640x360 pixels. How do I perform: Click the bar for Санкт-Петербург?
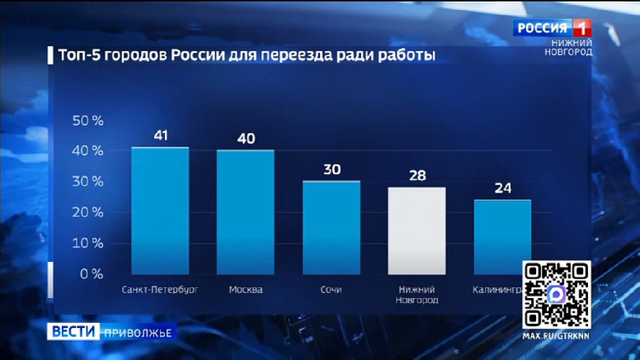(160, 211)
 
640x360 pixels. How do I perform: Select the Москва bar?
(245, 212)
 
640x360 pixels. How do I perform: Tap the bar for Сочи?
(331, 228)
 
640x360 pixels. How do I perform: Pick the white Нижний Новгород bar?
(417, 231)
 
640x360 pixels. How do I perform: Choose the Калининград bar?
(502, 236)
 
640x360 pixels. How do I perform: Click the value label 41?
(161, 135)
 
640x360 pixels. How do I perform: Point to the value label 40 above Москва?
(246, 138)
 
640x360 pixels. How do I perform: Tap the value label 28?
(417, 175)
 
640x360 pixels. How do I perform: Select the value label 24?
(503, 188)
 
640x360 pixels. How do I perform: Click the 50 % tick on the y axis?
(88, 121)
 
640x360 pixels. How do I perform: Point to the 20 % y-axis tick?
(88, 213)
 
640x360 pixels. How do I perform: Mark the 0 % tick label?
(91, 274)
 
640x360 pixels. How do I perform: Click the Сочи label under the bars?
(331, 290)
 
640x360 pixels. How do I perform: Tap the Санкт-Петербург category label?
(159, 290)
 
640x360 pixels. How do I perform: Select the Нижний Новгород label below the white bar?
(417, 295)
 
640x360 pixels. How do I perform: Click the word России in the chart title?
(199, 55)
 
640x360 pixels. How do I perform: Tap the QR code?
(557, 295)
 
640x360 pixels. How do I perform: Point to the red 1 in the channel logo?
(582, 28)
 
